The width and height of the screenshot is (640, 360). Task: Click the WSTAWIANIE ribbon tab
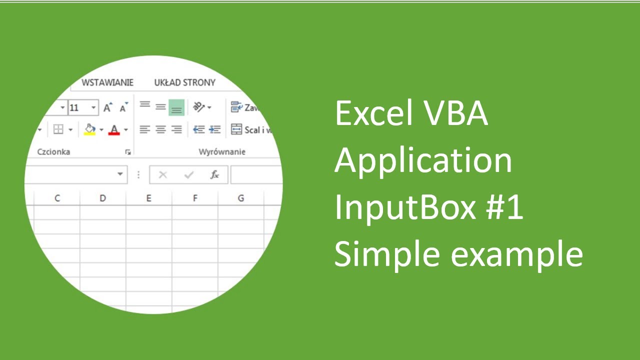pos(107,82)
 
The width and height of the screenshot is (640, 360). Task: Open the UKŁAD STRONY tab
pos(184,82)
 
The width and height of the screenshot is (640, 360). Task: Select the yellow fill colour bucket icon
pos(90,129)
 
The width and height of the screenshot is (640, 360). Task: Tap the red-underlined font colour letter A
pos(114,130)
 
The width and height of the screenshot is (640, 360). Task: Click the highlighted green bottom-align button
pos(176,107)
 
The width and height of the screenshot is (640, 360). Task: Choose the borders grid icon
pos(58,130)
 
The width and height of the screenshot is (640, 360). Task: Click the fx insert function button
pos(214,175)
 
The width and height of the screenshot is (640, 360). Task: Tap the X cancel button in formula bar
pos(162,175)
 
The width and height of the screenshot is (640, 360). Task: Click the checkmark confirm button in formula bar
pos(189,175)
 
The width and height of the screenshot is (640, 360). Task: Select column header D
pos(102,198)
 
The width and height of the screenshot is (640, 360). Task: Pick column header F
pos(195,198)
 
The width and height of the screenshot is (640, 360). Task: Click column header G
pos(240,198)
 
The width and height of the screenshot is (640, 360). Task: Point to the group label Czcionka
pos(53,151)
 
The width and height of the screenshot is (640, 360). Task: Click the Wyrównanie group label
pos(222,151)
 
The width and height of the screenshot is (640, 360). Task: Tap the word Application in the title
pos(423,161)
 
